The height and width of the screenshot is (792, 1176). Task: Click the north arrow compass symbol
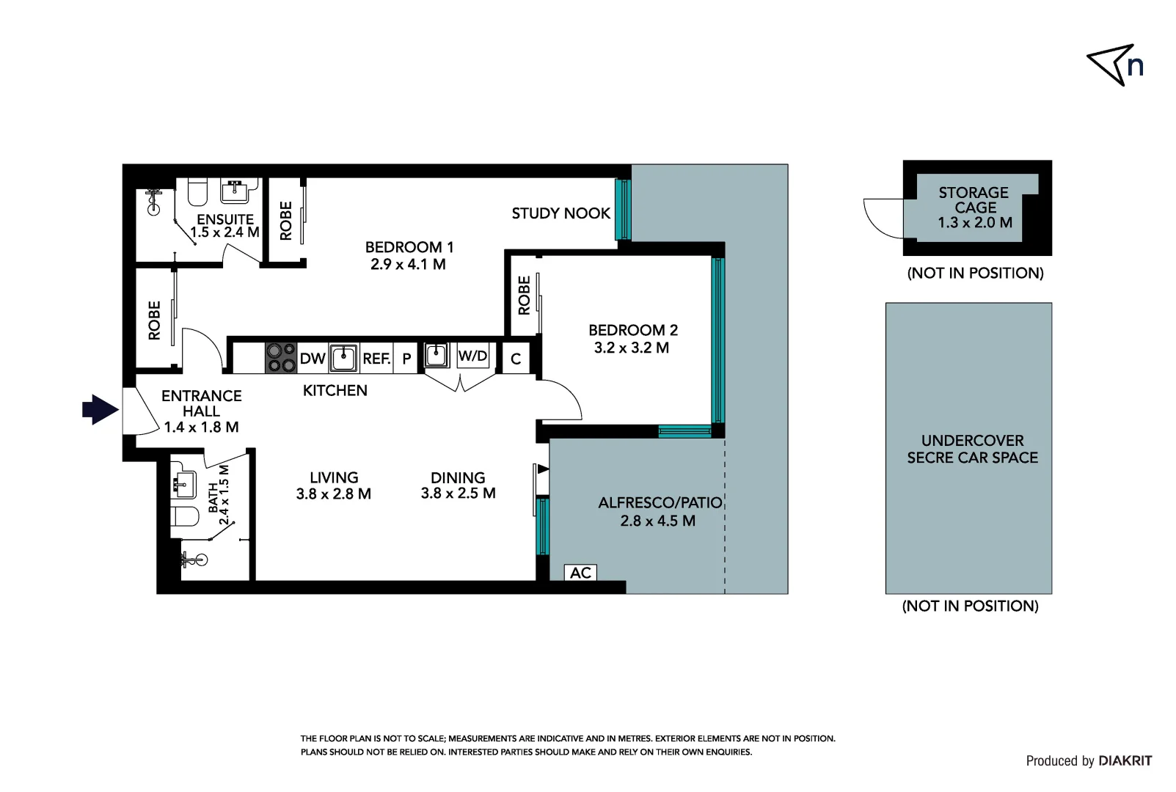(1114, 65)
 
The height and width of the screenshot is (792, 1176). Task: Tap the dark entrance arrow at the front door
(100, 409)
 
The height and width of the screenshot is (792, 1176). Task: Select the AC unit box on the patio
(580, 573)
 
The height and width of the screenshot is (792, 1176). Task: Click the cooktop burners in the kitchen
(280, 358)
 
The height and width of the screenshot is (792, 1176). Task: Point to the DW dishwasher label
(313, 359)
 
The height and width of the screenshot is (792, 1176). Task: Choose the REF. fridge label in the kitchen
(376, 359)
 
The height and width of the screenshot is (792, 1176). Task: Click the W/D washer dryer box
(472, 356)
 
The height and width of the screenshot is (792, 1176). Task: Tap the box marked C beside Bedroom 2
(516, 359)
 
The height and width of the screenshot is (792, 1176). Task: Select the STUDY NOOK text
(560, 213)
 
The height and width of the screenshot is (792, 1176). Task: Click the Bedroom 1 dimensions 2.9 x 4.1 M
(408, 265)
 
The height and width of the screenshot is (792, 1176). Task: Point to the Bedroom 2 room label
(632, 330)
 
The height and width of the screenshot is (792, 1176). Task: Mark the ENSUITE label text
(225, 219)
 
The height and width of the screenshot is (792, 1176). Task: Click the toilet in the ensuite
(197, 192)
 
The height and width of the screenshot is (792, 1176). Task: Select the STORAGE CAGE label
(974, 200)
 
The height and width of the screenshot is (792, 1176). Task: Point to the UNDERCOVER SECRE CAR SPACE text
(972, 449)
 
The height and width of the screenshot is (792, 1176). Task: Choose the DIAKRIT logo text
(1125, 761)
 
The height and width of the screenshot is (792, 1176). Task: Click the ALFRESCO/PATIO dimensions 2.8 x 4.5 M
(657, 521)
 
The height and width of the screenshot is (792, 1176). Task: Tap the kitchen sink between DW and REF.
(343, 358)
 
